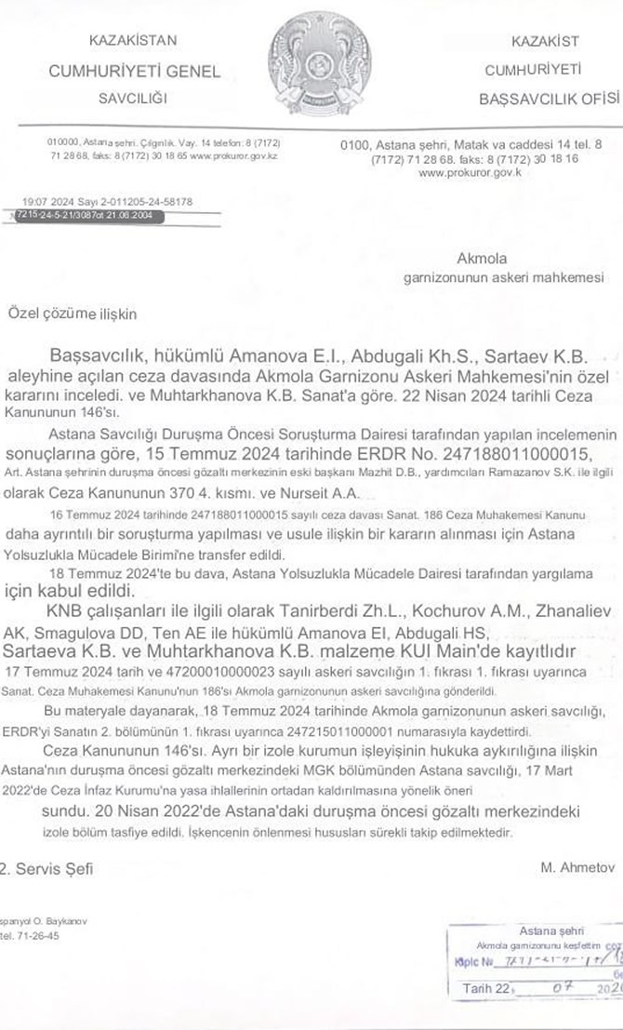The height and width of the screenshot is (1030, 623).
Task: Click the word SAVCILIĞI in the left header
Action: (131, 97)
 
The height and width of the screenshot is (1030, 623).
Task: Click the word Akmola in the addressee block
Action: (481, 258)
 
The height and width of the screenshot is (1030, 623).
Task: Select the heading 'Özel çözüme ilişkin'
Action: (73, 314)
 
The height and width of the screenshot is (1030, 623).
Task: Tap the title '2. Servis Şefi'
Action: (46, 869)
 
